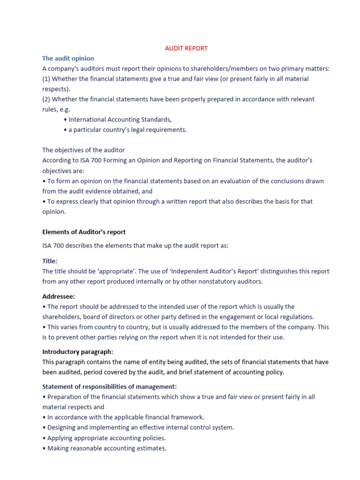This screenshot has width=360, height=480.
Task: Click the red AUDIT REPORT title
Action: point(186,48)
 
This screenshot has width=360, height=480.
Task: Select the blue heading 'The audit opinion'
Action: point(68,59)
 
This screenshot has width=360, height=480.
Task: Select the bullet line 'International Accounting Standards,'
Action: point(118,120)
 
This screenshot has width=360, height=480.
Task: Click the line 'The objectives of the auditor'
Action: point(83,150)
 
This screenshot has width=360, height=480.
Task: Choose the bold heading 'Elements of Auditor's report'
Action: point(84,232)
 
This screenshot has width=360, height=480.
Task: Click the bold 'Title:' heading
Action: point(50,261)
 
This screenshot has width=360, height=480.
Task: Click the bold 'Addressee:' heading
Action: point(59,297)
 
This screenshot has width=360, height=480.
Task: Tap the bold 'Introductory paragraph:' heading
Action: point(78,352)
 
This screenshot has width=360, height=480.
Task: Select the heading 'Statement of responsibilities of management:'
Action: point(110,387)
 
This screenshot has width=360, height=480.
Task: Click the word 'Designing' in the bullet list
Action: point(62,427)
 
